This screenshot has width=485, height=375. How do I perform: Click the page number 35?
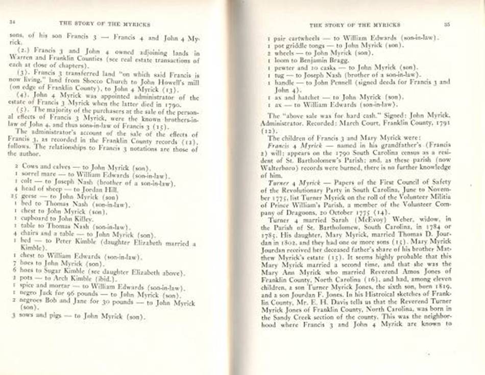(447, 24)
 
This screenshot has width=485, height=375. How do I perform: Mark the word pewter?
(284, 66)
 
